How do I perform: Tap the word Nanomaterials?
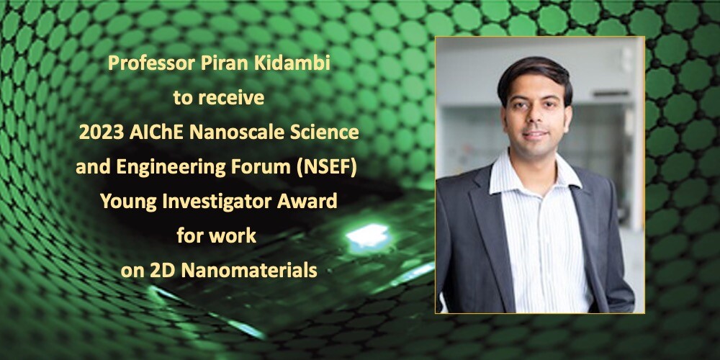click(x=249, y=271)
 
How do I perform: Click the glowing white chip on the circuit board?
click(x=368, y=235)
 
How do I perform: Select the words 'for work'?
click(x=216, y=236)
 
